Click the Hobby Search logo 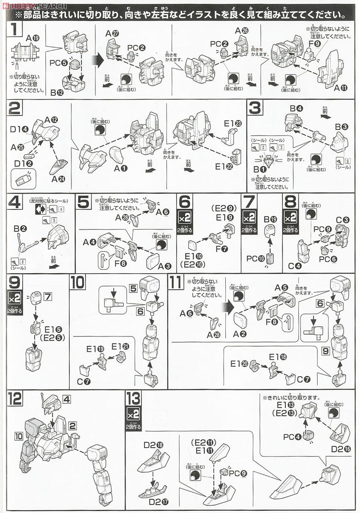(x=33, y=6)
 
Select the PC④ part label (x=292, y=436)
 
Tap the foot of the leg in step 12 (x=103, y=498)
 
